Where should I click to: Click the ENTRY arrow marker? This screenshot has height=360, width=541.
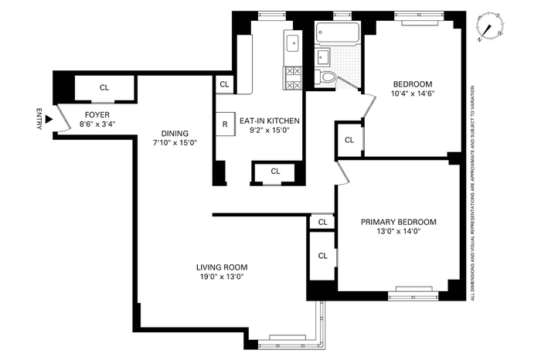49,119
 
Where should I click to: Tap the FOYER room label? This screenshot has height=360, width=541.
97,115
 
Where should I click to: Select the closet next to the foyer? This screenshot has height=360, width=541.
104,88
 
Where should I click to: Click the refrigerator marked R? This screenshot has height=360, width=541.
225,124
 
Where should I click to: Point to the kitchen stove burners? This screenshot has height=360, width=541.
293,78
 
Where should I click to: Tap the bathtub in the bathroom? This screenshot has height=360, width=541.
338,34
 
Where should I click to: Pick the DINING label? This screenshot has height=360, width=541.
175,134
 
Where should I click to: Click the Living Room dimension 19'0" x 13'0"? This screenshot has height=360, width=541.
223,277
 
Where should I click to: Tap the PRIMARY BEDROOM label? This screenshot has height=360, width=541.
399,222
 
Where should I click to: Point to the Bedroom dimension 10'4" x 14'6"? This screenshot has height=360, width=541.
413,93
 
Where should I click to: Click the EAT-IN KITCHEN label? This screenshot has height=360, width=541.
270,121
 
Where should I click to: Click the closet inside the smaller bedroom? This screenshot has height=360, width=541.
349,140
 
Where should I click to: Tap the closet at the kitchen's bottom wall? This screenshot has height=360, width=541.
275,172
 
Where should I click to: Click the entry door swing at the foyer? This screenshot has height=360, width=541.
63,118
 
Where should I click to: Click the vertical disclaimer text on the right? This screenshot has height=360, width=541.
473,193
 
